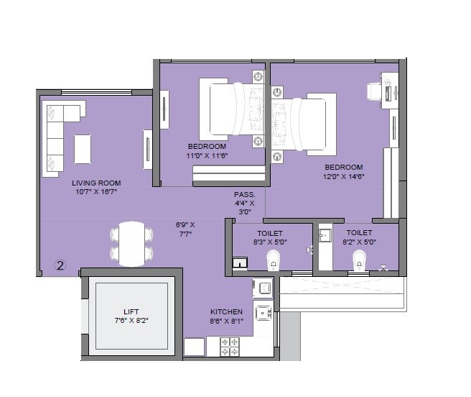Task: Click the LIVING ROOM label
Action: click(95, 183)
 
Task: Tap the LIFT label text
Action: click(131, 311)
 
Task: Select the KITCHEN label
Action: click(226, 311)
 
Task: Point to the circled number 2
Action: click(60, 265)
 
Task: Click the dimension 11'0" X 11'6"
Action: click(207, 155)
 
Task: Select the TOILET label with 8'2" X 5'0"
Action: click(359, 233)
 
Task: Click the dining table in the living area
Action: click(131, 242)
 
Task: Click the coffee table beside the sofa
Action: click(83, 150)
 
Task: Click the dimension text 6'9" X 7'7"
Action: click(185, 229)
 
